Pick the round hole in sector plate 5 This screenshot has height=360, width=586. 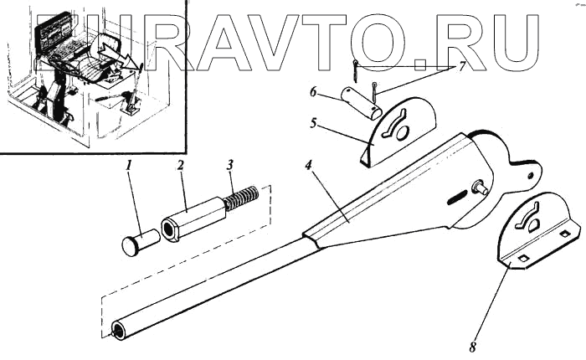(x=401, y=133)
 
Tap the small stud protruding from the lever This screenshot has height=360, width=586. (x=483, y=188)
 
